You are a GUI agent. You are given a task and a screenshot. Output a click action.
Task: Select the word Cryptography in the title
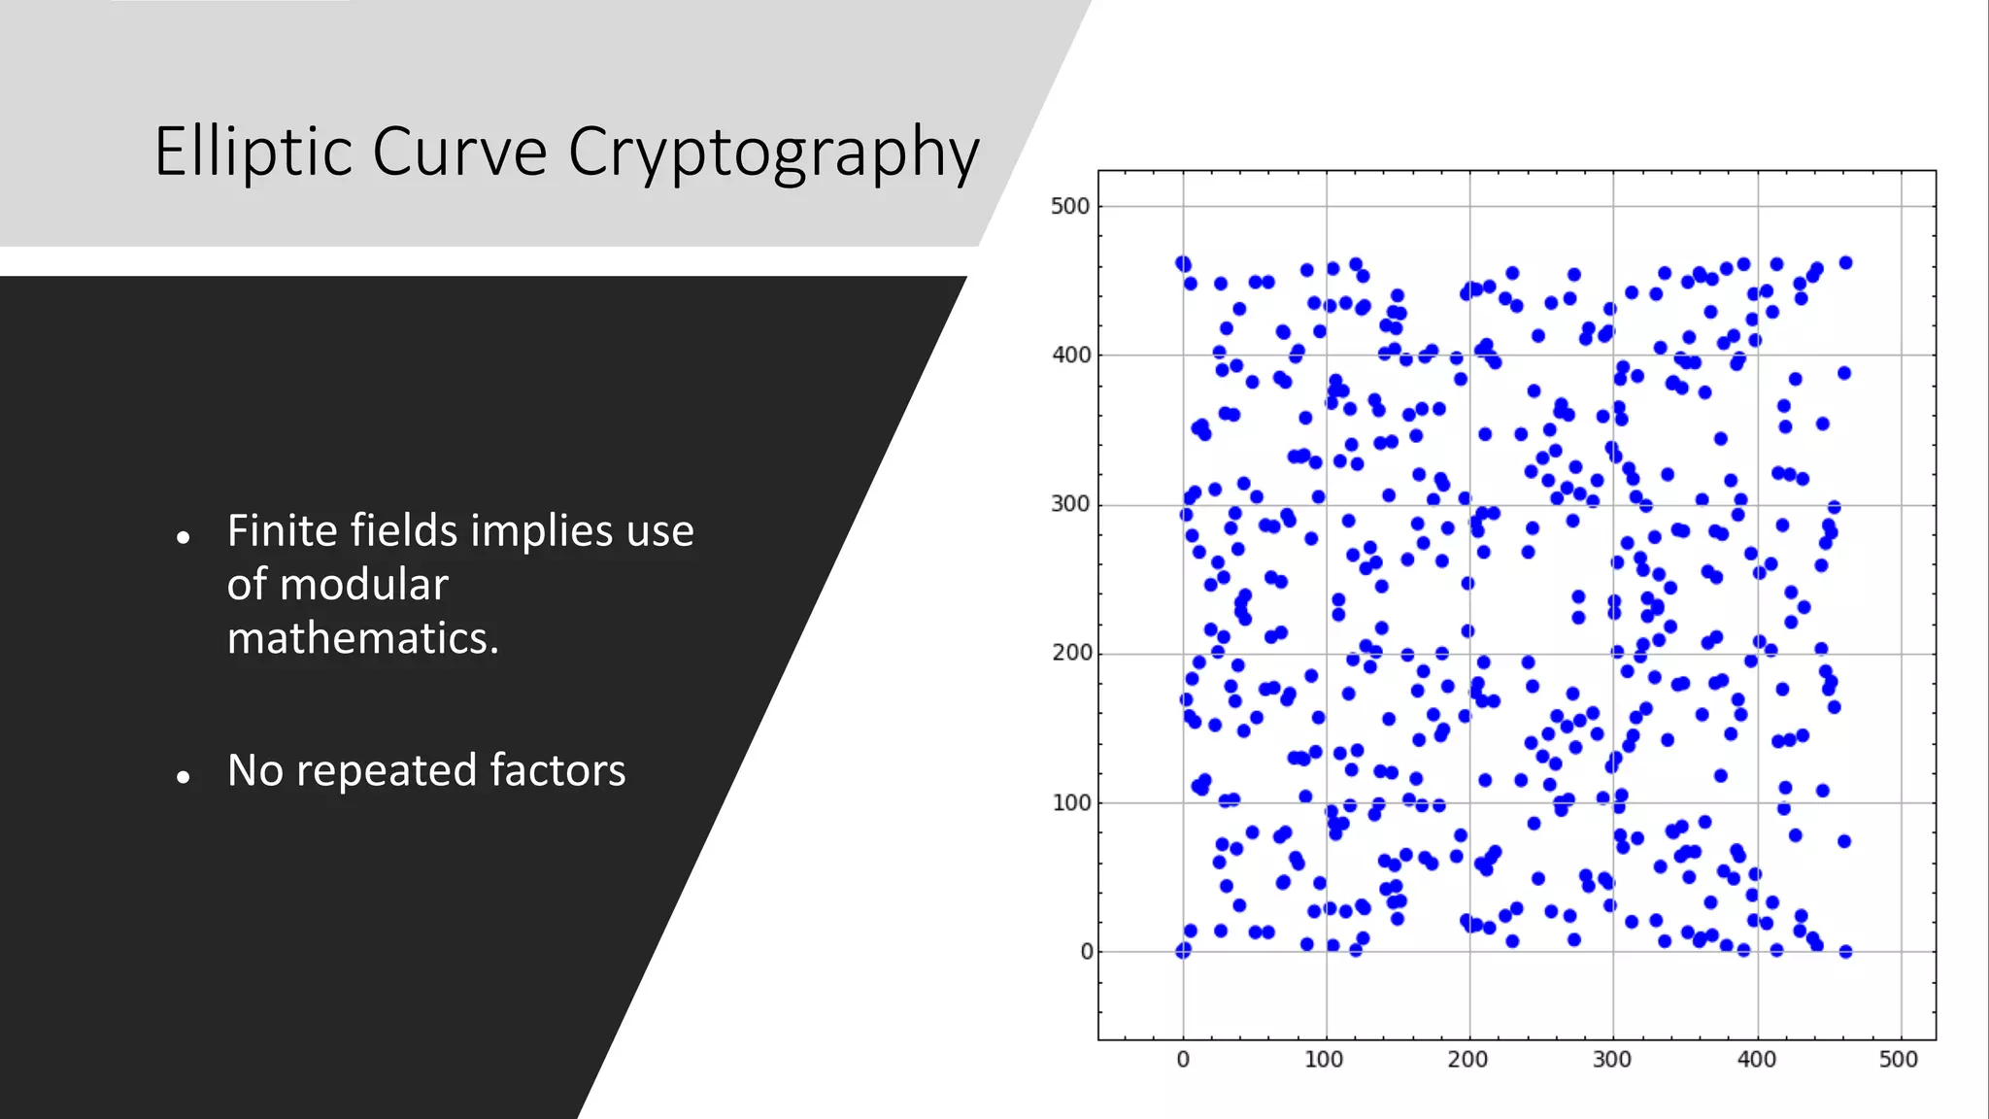773,153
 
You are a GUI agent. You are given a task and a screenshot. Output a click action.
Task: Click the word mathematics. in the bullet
362,638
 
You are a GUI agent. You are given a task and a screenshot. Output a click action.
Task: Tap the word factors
557,769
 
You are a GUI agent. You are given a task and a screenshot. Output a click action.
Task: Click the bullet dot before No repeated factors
184,776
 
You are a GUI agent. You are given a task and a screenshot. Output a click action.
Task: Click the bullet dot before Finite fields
184,537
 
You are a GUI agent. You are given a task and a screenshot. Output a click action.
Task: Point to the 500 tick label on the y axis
1069,206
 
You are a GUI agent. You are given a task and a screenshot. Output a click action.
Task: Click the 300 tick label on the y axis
1069,504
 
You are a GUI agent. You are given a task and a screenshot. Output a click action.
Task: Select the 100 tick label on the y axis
1071,803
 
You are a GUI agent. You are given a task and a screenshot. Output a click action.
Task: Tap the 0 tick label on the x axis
1182,1060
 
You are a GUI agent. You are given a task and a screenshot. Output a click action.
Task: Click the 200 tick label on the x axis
1467,1060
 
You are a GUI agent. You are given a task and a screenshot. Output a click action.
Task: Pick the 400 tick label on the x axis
1756,1060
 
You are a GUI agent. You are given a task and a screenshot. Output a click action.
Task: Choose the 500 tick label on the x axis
1898,1060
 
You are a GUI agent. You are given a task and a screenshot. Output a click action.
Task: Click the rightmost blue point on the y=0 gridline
1845,952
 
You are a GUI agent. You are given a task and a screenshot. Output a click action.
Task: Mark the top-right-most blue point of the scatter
1845,263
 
